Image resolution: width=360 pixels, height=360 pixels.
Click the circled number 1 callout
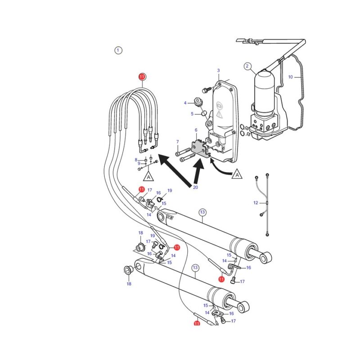coord(118,50)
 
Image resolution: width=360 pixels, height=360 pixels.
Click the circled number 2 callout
coord(247,66)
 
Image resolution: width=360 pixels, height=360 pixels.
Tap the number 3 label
coord(218,71)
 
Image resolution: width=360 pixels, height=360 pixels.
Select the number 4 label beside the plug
coord(185,103)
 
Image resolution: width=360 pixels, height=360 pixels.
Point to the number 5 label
coord(192,114)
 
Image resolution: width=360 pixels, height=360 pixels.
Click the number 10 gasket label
coord(290,77)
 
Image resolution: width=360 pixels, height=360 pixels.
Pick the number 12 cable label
coord(256,203)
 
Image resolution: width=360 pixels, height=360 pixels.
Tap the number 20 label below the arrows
coord(195,187)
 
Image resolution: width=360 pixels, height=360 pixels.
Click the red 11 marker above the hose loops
coord(142,76)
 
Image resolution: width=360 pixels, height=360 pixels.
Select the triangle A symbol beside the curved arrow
coord(237,174)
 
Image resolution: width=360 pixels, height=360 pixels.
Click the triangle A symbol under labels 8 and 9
coord(148,176)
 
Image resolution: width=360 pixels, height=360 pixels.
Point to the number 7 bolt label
coord(177,142)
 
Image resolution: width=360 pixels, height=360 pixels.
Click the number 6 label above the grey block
coord(196,130)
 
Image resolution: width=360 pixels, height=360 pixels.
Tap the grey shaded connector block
coord(201,148)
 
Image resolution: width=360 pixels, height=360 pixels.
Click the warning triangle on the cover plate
coord(220,114)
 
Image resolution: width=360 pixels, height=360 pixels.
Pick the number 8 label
coord(136,160)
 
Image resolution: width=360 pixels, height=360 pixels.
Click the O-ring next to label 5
coord(204,113)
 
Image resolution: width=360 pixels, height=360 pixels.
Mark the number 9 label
coord(139,163)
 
